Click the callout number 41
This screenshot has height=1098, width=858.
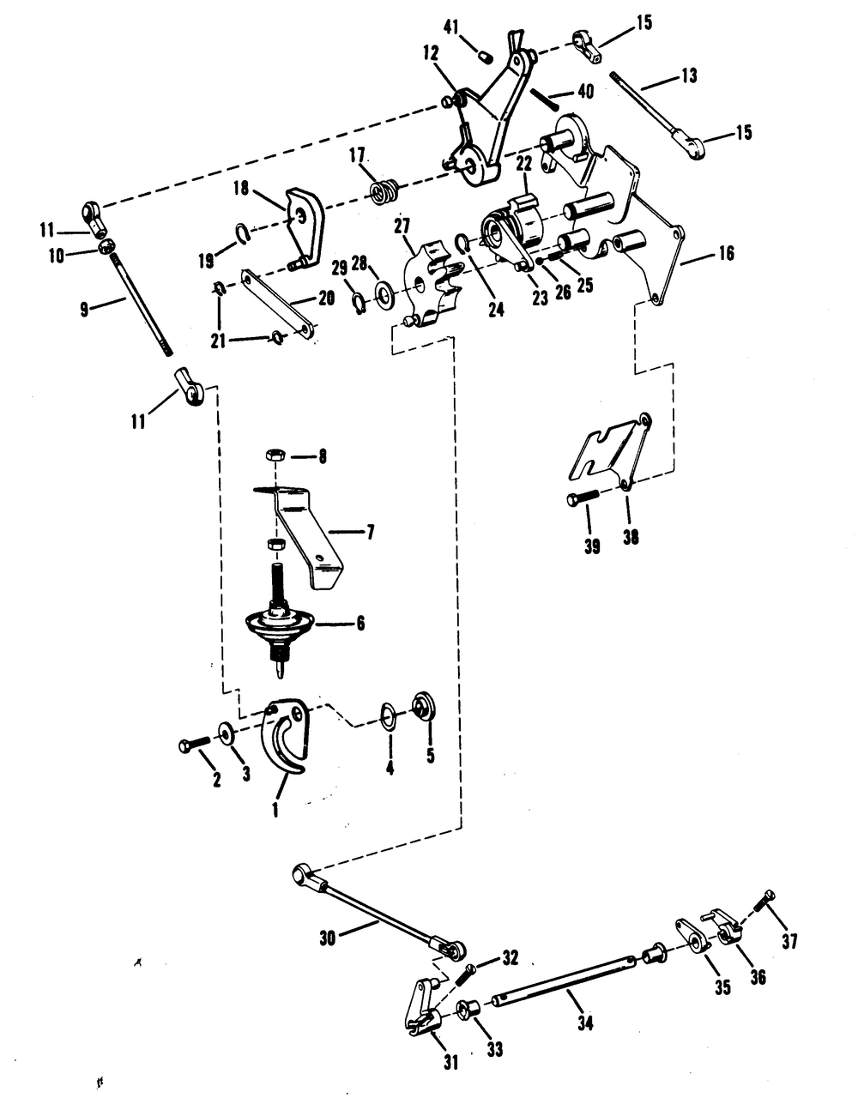click(451, 27)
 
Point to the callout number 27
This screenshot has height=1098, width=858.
click(402, 226)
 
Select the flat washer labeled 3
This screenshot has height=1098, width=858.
click(224, 733)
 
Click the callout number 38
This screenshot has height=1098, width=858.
click(630, 537)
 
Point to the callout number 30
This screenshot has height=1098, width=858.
click(329, 938)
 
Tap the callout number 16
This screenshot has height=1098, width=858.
click(726, 253)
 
